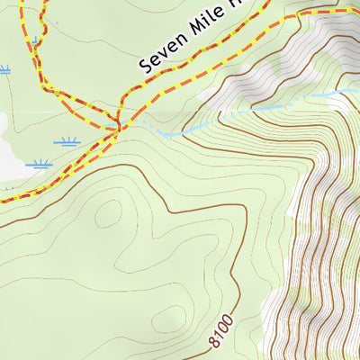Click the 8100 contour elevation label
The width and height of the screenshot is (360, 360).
220,331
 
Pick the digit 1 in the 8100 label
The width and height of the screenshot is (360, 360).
218,335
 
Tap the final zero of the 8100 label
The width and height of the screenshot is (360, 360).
229,321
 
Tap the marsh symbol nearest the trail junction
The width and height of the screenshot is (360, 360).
67,140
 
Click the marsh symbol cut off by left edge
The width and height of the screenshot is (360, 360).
4,69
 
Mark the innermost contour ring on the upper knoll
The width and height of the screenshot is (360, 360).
108,213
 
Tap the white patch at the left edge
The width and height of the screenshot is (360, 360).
9,144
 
